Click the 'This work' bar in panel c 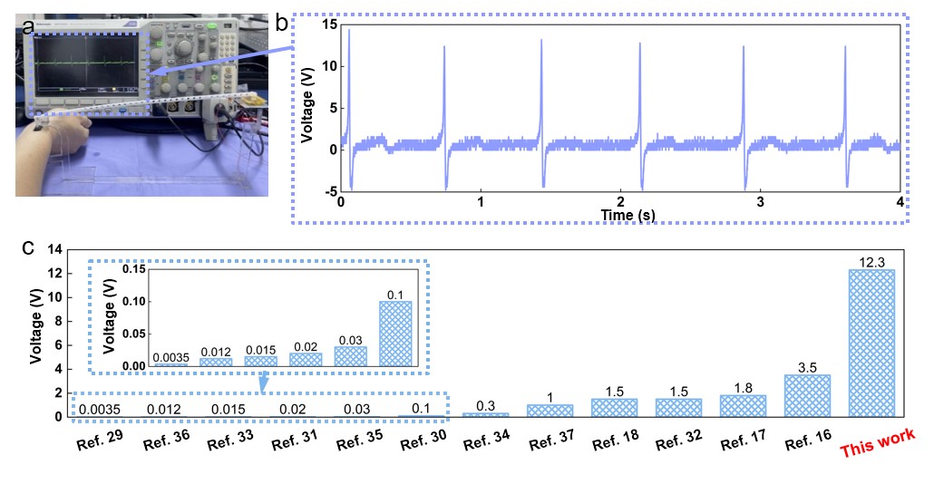(871, 343)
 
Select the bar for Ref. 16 (807, 395)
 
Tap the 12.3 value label (871, 262)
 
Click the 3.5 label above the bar (807, 367)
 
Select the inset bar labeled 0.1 (395, 333)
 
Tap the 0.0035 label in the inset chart (170, 357)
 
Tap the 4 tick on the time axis (900, 201)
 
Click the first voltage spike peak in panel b (349, 31)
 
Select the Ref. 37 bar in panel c (550, 410)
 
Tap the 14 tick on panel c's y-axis (57, 249)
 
